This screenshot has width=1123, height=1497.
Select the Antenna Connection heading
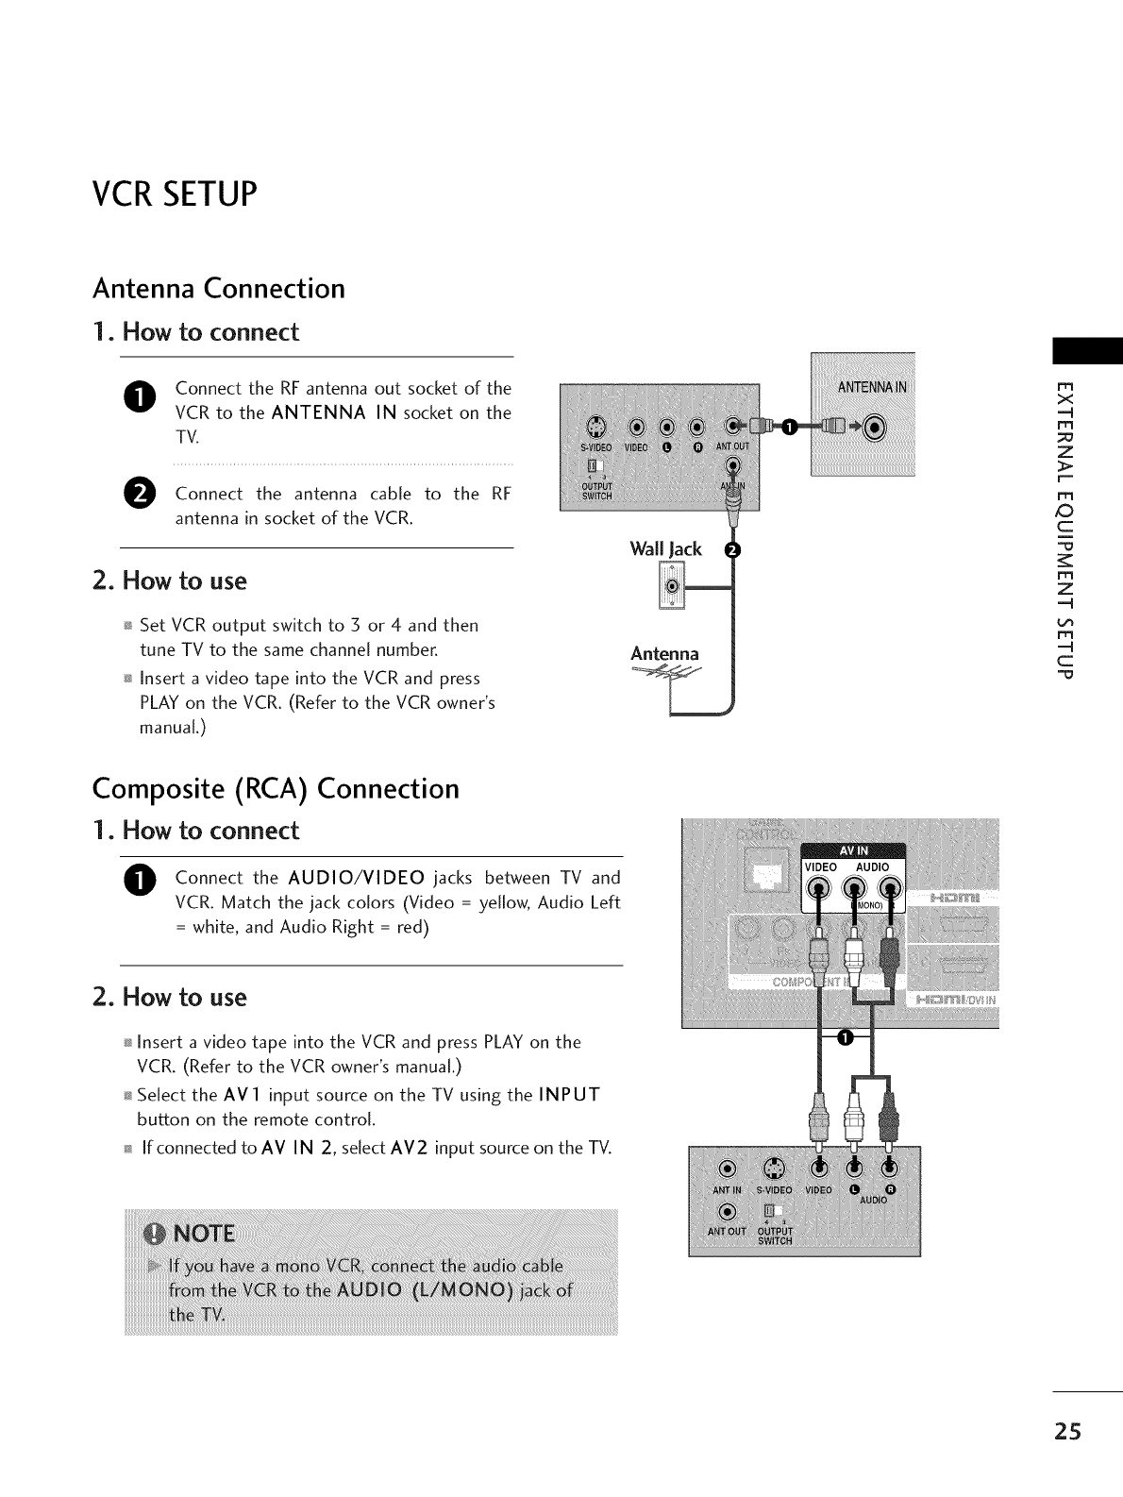pyautogui.click(x=218, y=288)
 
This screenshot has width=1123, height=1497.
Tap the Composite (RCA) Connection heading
pyautogui.click(x=276, y=788)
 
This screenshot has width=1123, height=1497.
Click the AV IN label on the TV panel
pyautogui.click(x=852, y=848)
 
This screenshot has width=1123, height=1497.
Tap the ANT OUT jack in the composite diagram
pyautogui.click(x=726, y=1212)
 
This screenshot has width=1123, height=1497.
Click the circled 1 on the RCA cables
pyautogui.click(x=846, y=1039)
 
